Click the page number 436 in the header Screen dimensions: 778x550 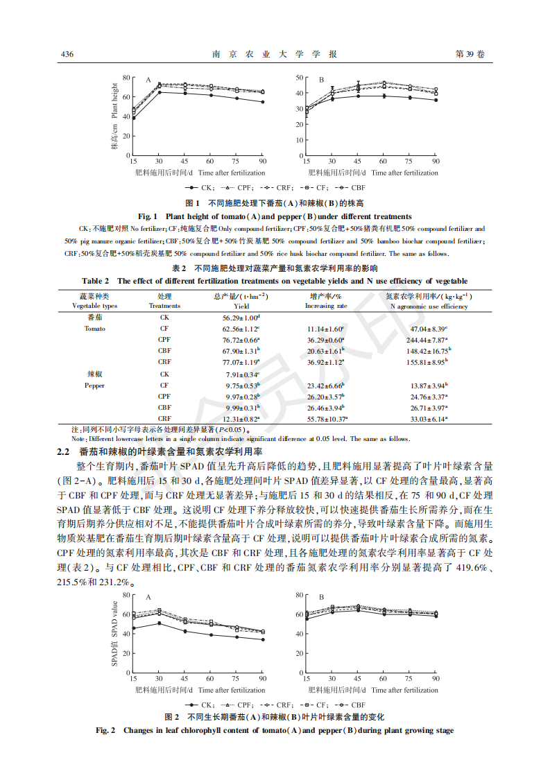[67, 54]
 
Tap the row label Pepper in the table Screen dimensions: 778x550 [95, 385]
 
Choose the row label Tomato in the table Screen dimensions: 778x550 [95, 329]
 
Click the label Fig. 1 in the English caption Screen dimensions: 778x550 [148, 216]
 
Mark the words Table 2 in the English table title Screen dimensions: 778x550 [96, 281]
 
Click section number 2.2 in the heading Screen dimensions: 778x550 [63, 451]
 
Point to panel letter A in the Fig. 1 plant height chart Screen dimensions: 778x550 [148, 80]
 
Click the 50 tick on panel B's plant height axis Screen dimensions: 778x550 [299, 77]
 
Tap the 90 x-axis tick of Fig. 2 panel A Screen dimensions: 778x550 [262, 679]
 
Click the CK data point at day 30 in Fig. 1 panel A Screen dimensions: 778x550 [160, 92]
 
